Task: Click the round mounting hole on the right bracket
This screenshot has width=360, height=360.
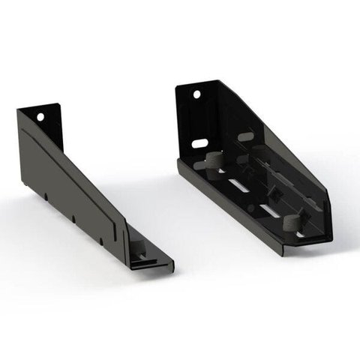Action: [x=197, y=95]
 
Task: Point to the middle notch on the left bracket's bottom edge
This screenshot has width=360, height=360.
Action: [x=73, y=218]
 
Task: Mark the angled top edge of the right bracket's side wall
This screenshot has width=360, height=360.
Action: [x=285, y=135]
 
